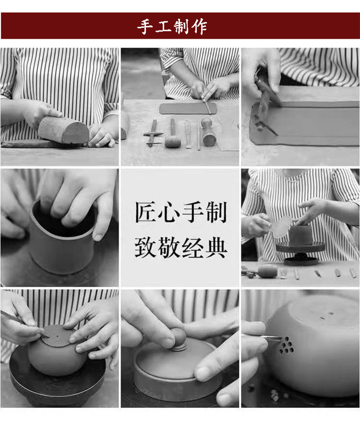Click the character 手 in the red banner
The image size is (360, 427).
pos(145,26)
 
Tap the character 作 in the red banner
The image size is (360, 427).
pos(199,27)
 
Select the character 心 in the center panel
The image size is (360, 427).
pos(169,212)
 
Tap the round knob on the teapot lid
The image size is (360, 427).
pos(178,337)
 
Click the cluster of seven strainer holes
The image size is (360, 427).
pos(287,345)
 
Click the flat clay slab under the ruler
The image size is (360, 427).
pos(188,108)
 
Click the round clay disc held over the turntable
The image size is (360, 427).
pos(281,226)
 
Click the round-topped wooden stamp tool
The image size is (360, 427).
pos(209,132)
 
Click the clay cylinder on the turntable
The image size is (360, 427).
pos(300,235)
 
